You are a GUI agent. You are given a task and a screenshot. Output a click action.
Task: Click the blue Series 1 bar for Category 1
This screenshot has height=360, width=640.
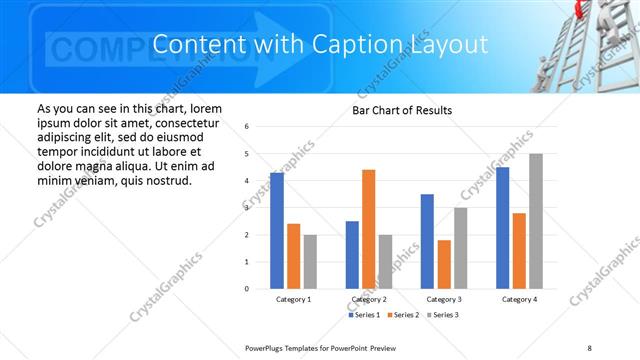277,231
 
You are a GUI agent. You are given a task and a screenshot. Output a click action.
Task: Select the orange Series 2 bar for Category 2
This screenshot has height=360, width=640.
368,229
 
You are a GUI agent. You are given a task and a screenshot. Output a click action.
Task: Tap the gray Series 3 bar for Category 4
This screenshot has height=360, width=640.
536,221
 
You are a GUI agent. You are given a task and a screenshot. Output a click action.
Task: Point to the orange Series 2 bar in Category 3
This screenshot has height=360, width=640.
444,264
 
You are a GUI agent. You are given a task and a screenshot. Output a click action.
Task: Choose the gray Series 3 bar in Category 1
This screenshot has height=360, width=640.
310,262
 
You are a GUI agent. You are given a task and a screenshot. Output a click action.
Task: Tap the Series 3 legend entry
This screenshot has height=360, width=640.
444,315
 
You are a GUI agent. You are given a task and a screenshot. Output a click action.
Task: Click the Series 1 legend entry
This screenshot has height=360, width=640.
365,315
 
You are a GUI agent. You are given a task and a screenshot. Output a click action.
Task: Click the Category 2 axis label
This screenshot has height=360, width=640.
369,299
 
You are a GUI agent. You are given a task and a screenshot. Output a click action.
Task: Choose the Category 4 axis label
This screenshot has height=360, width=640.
519,299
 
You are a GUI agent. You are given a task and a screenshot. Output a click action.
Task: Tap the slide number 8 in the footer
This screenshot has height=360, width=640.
590,347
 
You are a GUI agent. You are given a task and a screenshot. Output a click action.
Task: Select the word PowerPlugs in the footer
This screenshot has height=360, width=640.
267,347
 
